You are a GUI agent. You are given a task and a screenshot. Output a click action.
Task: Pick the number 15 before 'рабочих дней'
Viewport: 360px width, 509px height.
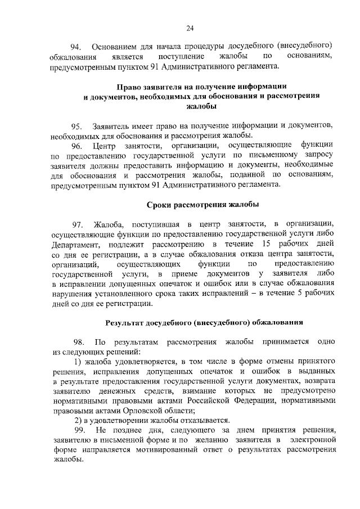(267, 244)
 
